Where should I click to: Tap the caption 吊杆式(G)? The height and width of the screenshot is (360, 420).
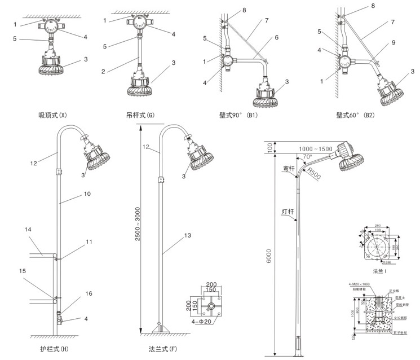[x=140, y=116]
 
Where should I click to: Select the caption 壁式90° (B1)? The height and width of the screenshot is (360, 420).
[x=238, y=116]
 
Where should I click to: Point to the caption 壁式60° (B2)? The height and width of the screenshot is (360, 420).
[x=355, y=116]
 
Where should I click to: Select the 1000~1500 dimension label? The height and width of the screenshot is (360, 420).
[x=315, y=149]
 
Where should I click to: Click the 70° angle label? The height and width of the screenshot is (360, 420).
[x=308, y=156]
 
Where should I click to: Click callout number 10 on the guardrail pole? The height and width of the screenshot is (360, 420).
[x=87, y=194]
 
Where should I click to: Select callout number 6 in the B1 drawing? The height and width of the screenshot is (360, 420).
[x=276, y=38]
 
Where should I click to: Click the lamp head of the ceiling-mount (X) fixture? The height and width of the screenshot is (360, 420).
[x=50, y=63]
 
